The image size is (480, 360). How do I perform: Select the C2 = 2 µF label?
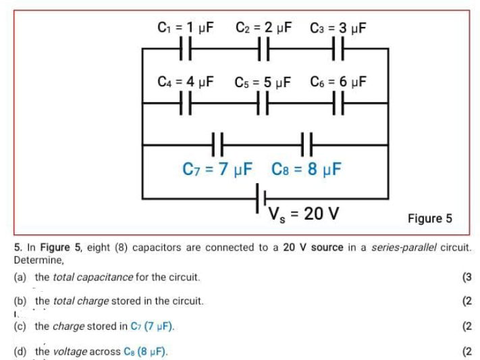(x=264, y=28)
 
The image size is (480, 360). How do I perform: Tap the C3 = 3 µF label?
(x=338, y=28)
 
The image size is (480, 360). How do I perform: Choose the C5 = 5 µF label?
(x=263, y=82)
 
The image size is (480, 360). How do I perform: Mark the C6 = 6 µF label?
(x=338, y=82)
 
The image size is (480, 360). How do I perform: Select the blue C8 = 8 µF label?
(x=306, y=168)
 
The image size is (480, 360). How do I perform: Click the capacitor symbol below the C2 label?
(x=264, y=49)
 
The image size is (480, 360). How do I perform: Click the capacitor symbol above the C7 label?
(x=217, y=144)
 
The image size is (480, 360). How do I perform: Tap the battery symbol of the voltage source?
(x=260, y=198)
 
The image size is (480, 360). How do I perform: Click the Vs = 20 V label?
(x=303, y=214)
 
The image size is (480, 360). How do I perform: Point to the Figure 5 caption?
(x=429, y=218)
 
